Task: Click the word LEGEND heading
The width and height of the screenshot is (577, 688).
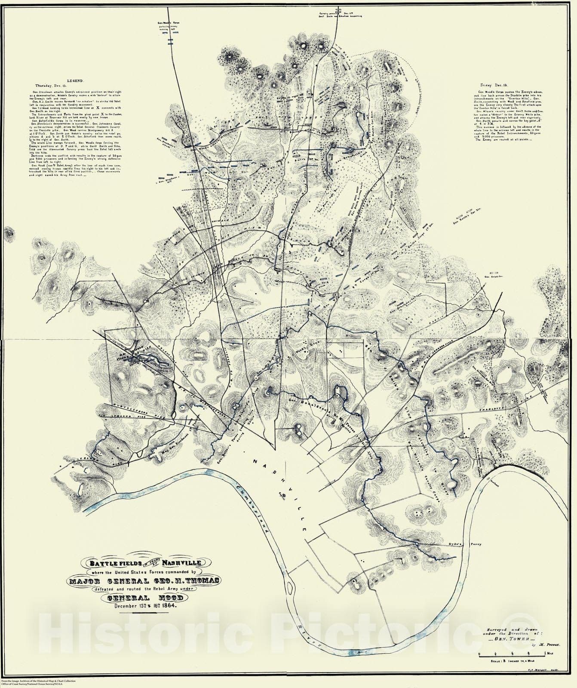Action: click(77, 81)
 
